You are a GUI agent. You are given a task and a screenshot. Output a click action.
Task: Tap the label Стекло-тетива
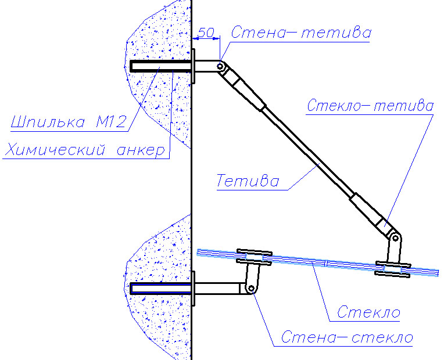coord(370,105)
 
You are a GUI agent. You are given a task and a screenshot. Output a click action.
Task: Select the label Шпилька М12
coord(68,122)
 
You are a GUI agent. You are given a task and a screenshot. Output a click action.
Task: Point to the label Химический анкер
coord(85,149)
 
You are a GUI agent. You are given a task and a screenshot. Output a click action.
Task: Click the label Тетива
coord(248,181)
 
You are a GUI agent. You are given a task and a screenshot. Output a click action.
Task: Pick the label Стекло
coord(368,312)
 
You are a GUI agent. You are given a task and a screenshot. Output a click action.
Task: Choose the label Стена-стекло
coord(347,337)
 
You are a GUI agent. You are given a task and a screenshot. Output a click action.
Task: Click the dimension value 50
coord(206,33)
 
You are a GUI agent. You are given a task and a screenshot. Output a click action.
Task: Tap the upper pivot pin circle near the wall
coord(220,67)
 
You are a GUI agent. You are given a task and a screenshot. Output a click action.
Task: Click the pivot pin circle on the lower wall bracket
coord(251,289)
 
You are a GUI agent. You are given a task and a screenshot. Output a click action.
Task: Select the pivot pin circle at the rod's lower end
coord(395,238)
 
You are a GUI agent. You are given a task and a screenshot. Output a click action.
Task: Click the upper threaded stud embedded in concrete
coord(160,66)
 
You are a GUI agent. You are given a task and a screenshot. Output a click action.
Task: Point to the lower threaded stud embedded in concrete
coord(160,289)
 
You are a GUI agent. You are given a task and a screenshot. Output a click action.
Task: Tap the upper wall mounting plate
coord(194,66)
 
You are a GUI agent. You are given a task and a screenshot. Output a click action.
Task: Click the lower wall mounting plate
coord(194,289)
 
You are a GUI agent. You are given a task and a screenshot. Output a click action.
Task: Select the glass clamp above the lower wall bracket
coord(255,257)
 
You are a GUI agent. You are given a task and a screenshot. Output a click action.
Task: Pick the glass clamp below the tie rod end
coord(393,269)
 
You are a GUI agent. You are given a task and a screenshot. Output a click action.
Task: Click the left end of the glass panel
coord(198,252)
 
